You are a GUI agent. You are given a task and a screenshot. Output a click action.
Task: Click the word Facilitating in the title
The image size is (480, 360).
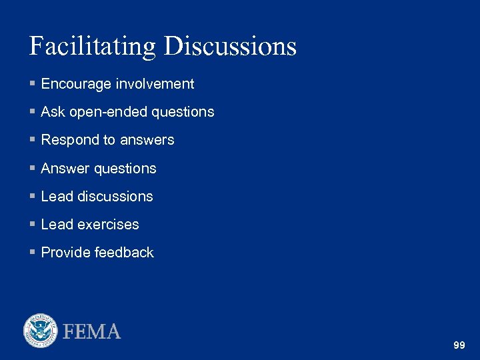coord(93,47)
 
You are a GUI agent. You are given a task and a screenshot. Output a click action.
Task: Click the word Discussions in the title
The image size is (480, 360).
coord(230,47)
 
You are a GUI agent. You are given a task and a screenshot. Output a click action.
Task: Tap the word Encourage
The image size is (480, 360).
coord(77,84)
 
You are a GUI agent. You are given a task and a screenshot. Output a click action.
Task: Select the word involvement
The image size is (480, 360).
coord(155,84)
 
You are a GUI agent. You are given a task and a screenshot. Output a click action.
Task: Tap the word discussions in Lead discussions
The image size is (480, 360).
coord(115,197)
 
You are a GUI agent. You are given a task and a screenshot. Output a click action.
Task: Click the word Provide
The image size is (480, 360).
coord(65,253)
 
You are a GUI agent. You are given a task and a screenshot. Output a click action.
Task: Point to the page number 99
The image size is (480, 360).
coord(459,345)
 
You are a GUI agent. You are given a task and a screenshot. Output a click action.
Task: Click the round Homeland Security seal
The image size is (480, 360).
coord(41,331)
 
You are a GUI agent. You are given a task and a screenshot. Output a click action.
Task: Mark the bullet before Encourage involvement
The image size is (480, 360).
coord(33,84)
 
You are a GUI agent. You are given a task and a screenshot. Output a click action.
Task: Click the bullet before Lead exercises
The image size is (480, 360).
coord(33,225)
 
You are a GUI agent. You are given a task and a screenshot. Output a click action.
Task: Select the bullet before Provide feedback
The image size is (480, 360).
coord(33,253)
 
